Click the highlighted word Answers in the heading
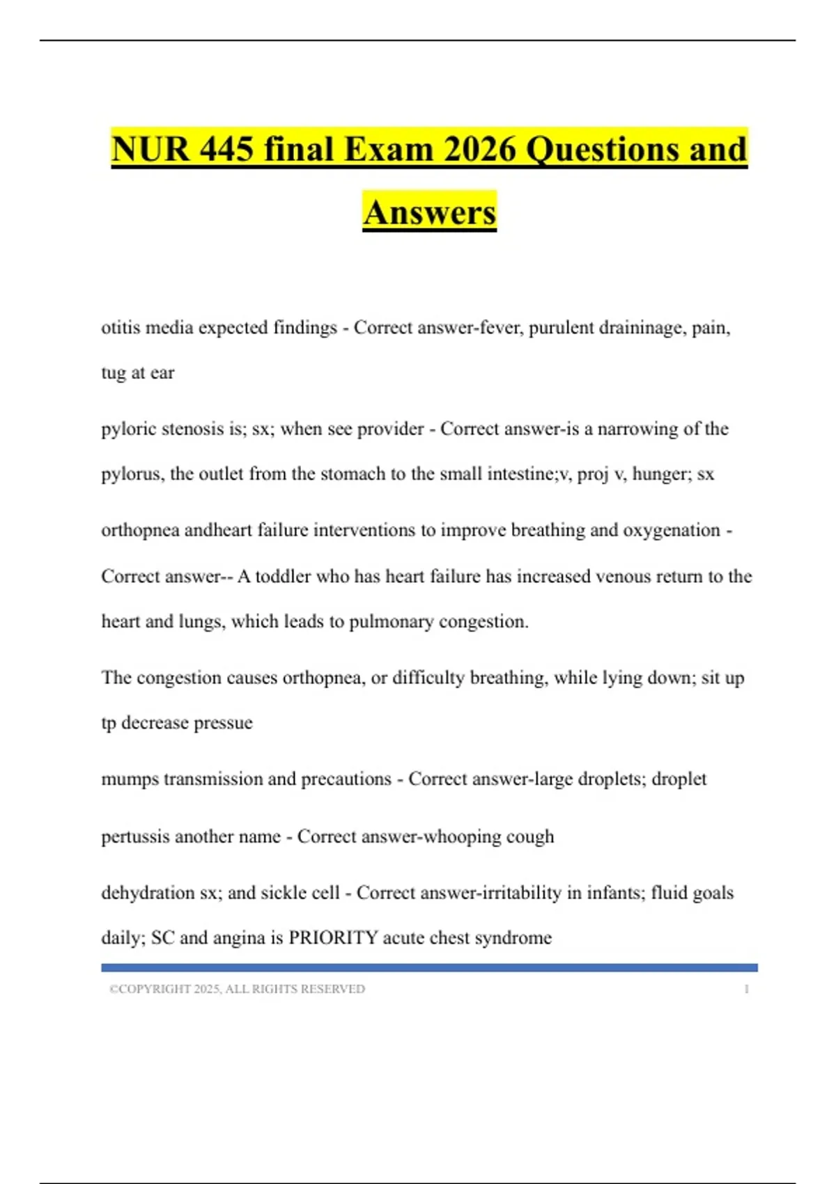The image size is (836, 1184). (x=429, y=212)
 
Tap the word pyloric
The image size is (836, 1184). (x=128, y=429)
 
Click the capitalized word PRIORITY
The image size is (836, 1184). (x=333, y=937)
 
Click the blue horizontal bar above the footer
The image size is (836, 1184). (x=429, y=967)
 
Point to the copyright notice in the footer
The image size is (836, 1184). (x=237, y=989)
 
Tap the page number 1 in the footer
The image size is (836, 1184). (x=746, y=989)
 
